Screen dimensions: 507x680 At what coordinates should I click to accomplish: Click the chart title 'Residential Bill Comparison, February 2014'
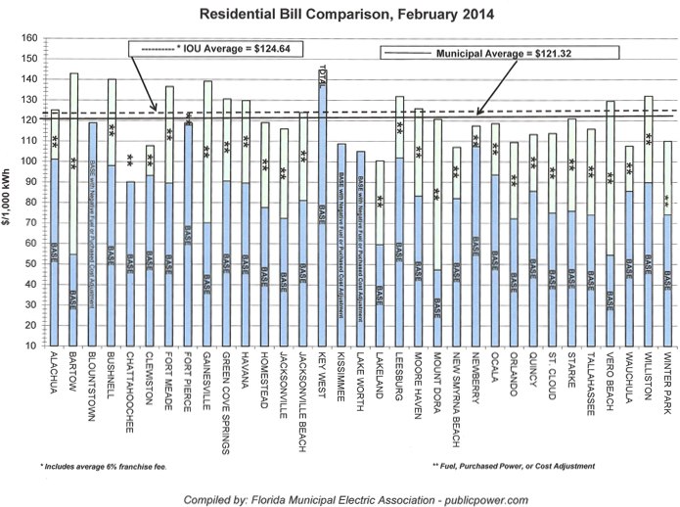click(x=340, y=15)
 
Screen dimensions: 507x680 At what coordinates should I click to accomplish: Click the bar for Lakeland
click(x=379, y=254)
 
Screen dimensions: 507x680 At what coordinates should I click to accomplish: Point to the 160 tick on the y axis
click(x=29, y=38)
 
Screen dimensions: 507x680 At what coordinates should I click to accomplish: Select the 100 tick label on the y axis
click(x=29, y=161)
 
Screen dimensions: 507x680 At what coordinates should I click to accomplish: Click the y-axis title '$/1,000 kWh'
click(x=11, y=191)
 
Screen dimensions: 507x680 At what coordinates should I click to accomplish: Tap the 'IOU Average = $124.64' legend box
click(x=216, y=48)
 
